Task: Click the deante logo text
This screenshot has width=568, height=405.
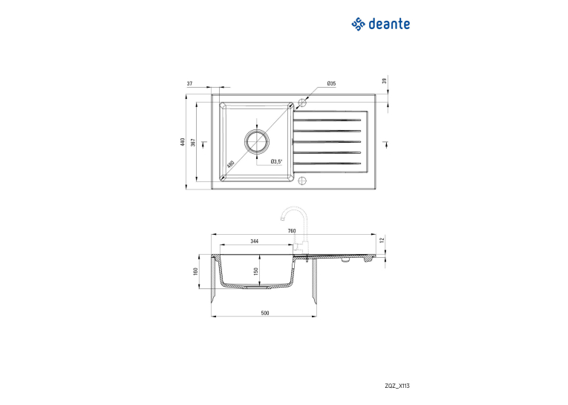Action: pyautogui.click(x=389, y=24)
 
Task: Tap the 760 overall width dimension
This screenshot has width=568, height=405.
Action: pyautogui.click(x=292, y=230)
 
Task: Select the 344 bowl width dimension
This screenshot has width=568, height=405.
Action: pyautogui.click(x=255, y=241)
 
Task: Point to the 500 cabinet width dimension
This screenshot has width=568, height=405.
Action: pyautogui.click(x=265, y=313)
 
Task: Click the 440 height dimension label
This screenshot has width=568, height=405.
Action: pyautogui.click(x=183, y=142)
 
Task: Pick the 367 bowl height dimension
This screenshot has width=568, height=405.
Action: pyautogui.click(x=193, y=142)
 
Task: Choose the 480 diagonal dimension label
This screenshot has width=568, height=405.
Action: pyautogui.click(x=230, y=164)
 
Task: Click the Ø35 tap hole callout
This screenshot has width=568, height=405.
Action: pyautogui.click(x=331, y=83)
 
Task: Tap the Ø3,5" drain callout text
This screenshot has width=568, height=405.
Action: pyautogui.click(x=276, y=161)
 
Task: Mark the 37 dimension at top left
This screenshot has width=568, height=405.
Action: pyautogui.click(x=189, y=83)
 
